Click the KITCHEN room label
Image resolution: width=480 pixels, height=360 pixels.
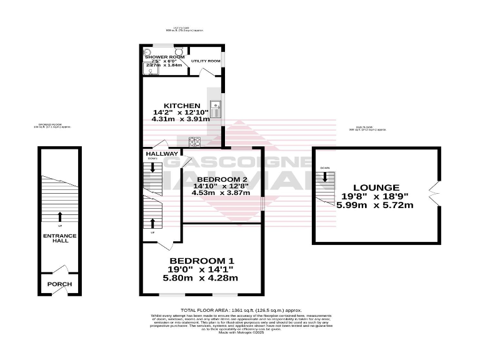(181, 105)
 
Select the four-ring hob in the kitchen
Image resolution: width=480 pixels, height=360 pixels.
(194, 141)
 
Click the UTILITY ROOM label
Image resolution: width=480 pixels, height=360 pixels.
(206, 61)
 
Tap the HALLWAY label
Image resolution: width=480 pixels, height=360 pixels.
(161, 154)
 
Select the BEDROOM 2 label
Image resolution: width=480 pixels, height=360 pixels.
(221, 178)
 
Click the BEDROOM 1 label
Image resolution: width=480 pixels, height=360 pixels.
(202, 261)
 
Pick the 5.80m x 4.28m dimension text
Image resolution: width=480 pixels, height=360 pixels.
(202, 277)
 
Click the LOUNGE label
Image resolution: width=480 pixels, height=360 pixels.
(376, 187)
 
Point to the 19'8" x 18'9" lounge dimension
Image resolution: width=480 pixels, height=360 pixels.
(376, 196)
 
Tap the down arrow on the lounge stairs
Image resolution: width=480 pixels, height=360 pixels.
(325, 178)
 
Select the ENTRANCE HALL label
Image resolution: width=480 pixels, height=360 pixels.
(59, 239)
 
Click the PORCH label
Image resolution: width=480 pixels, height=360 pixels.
(59, 284)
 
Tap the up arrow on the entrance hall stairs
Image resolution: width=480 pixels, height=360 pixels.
(60, 216)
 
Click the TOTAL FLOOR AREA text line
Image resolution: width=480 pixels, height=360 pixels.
(241, 310)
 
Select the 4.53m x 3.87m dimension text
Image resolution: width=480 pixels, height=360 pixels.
(221, 193)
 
